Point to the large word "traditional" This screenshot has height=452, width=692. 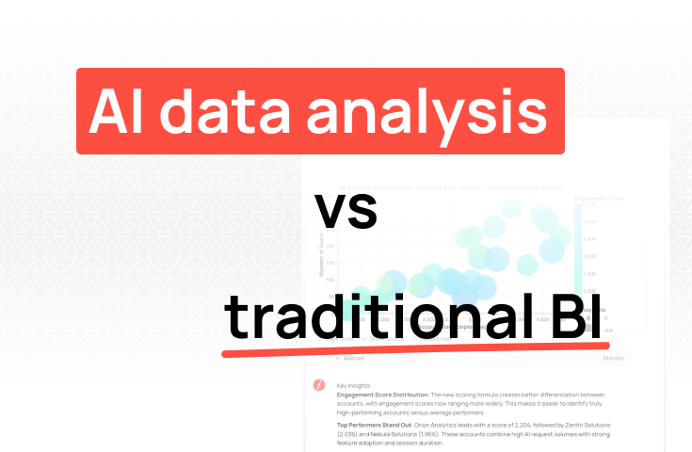point(374,317)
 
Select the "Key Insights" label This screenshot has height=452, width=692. point(355,385)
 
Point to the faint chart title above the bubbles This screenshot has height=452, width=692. point(468,187)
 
